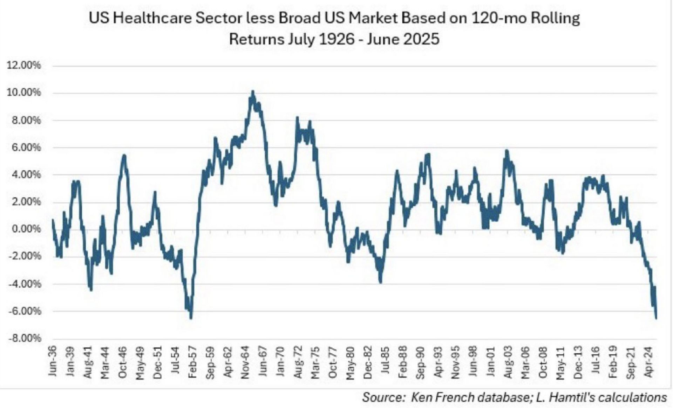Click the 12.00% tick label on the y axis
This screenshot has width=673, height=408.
click(x=24, y=66)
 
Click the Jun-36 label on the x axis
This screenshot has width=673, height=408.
click(x=52, y=361)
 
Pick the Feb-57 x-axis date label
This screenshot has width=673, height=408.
click(x=192, y=361)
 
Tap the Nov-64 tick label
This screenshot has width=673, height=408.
click(x=245, y=361)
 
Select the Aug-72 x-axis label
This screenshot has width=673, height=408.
click(x=298, y=361)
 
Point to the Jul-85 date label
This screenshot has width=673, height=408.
click(x=385, y=361)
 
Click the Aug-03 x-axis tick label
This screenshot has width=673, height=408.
click(x=508, y=361)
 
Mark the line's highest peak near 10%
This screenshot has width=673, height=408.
click(x=253, y=92)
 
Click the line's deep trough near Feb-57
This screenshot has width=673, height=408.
click(x=191, y=318)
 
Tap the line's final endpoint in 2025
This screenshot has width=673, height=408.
click(x=656, y=318)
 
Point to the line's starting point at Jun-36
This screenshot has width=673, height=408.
click(x=52, y=220)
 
